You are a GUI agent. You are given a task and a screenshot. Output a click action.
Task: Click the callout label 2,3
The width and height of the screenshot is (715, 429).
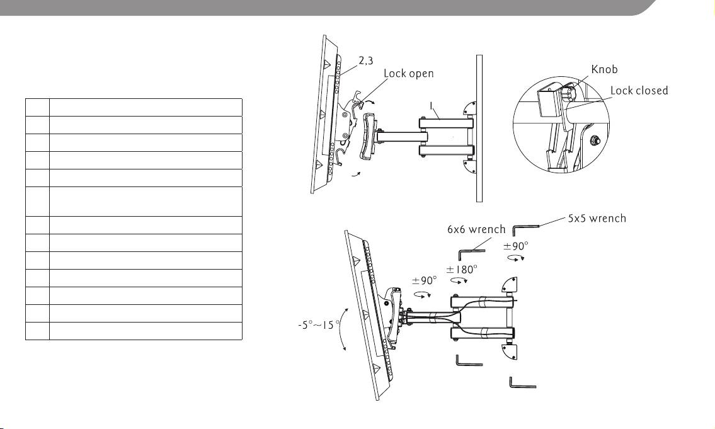point(366,60)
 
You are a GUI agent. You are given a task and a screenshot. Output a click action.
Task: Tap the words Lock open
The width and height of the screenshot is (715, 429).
point(409,74)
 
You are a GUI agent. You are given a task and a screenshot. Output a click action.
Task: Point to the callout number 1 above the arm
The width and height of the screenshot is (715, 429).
point(432,106)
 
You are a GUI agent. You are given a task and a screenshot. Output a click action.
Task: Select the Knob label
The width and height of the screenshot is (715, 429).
point(604,69)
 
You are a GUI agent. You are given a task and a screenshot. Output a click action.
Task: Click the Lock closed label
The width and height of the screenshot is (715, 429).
point(639,90)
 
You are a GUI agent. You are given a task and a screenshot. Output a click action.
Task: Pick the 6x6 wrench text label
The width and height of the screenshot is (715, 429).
point(476,229)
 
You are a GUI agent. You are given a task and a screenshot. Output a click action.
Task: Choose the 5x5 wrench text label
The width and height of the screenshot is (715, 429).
point(597,219)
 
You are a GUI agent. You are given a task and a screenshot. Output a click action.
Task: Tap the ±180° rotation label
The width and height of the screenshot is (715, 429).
point(462,270)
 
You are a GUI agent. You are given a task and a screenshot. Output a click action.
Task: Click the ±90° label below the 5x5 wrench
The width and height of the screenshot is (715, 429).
point(516,246)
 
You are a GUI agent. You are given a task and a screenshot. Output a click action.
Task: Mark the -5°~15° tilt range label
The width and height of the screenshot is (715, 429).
point(319,325)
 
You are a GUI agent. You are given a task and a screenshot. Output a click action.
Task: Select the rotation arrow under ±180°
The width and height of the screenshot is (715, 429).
point(459,281)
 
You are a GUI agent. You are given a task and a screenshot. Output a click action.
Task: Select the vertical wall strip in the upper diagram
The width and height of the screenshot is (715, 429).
point(479,128)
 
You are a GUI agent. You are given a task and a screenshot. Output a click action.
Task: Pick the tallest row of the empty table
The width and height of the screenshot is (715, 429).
point(134,202)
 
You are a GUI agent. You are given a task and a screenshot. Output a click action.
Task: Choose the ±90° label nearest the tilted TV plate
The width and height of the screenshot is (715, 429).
point(425,280)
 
